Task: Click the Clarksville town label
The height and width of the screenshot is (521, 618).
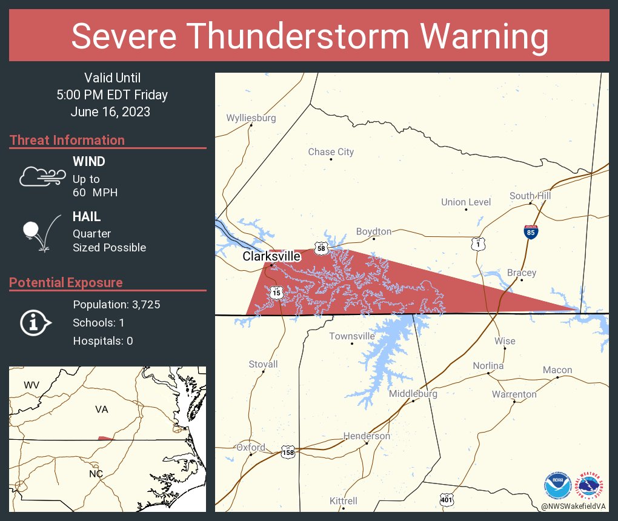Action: click(x=271, y=256)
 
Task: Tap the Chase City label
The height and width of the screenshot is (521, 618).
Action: click(x=331, y=152)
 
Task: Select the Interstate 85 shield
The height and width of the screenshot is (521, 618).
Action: click(x=530, y=231)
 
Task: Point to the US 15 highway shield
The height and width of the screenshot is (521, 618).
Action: click(x=276, y=292)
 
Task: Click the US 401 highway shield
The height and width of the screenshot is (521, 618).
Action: click(x=447, y=499)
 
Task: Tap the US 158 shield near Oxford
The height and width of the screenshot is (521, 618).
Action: click(x=288, y=451)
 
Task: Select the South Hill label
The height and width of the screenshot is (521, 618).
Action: click(x=530, y=196)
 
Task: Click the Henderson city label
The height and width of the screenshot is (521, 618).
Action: click(x=367, y=436)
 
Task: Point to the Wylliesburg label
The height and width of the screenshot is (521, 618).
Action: click(x=251, y=118)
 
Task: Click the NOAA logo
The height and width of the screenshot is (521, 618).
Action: click(x=557, y=484)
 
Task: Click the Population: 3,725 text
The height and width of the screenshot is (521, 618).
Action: click(x=116, y=305)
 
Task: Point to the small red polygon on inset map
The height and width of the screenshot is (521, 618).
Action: click(x=105, y=438)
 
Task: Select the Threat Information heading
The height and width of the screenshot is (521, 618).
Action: click(x=67, y=141)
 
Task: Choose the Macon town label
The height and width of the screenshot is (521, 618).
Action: click(x=557, y=370)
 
